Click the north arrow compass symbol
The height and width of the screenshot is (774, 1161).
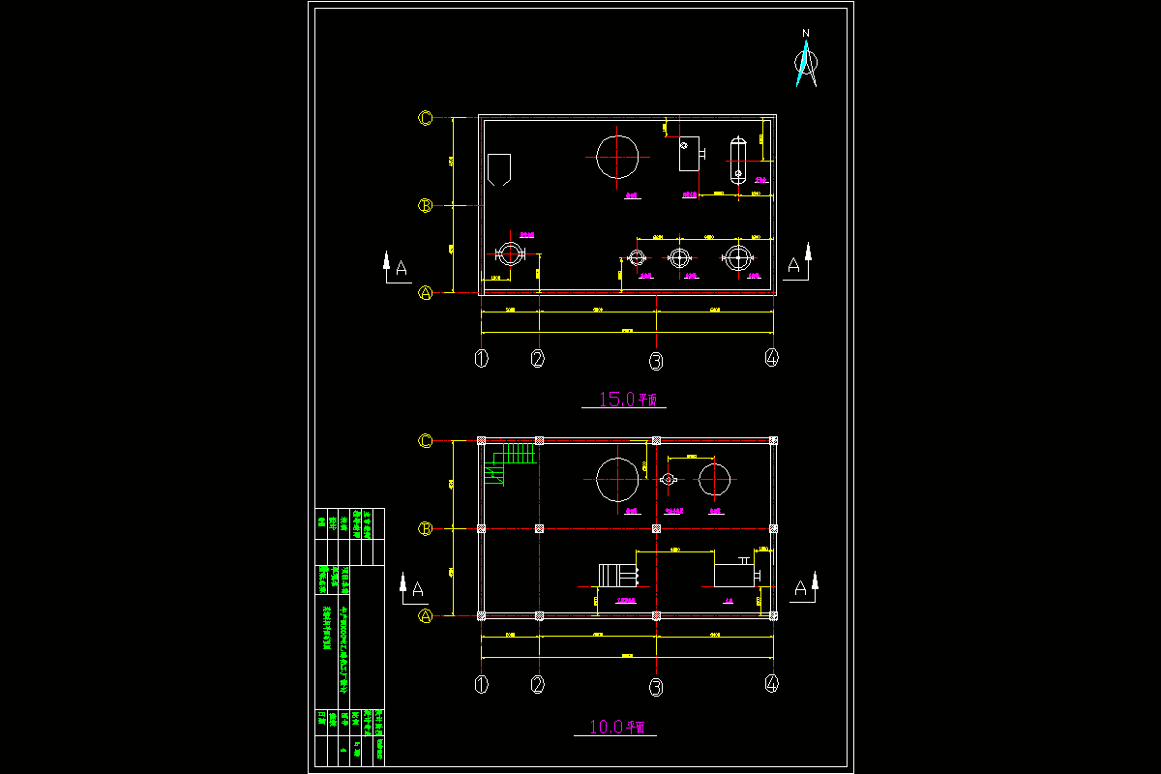[805, 60]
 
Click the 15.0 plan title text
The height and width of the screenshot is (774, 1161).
[624, 399]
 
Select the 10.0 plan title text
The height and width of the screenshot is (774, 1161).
[616, 726]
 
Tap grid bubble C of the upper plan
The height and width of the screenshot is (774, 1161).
[425, 118]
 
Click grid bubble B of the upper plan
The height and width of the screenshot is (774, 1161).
[425, 205]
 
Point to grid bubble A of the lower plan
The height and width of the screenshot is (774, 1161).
[425, 615]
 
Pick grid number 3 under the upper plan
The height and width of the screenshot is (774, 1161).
[656, 361]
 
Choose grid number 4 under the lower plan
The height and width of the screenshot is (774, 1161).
[771, 684]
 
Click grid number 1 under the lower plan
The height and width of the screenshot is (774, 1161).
[482, 684]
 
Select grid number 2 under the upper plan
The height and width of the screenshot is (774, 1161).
[538, 359]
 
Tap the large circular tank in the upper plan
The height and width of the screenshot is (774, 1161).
[617, 157]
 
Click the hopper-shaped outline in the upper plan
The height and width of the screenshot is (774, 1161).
[499, 168]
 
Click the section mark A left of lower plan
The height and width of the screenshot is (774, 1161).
[414, 586]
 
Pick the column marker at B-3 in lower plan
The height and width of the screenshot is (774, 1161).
[656, 528]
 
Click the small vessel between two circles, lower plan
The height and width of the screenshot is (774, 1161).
[667, 479]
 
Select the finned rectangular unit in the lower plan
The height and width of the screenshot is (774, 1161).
[619, 575]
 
